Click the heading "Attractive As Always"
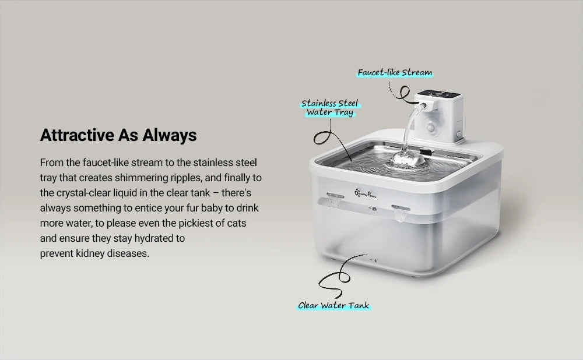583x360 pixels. [118, 136]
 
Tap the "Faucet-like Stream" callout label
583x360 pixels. [395, 73]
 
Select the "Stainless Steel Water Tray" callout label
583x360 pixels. [330, 108]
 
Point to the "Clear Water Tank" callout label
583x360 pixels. [334, 305]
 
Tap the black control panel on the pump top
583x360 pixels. [438, 93]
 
